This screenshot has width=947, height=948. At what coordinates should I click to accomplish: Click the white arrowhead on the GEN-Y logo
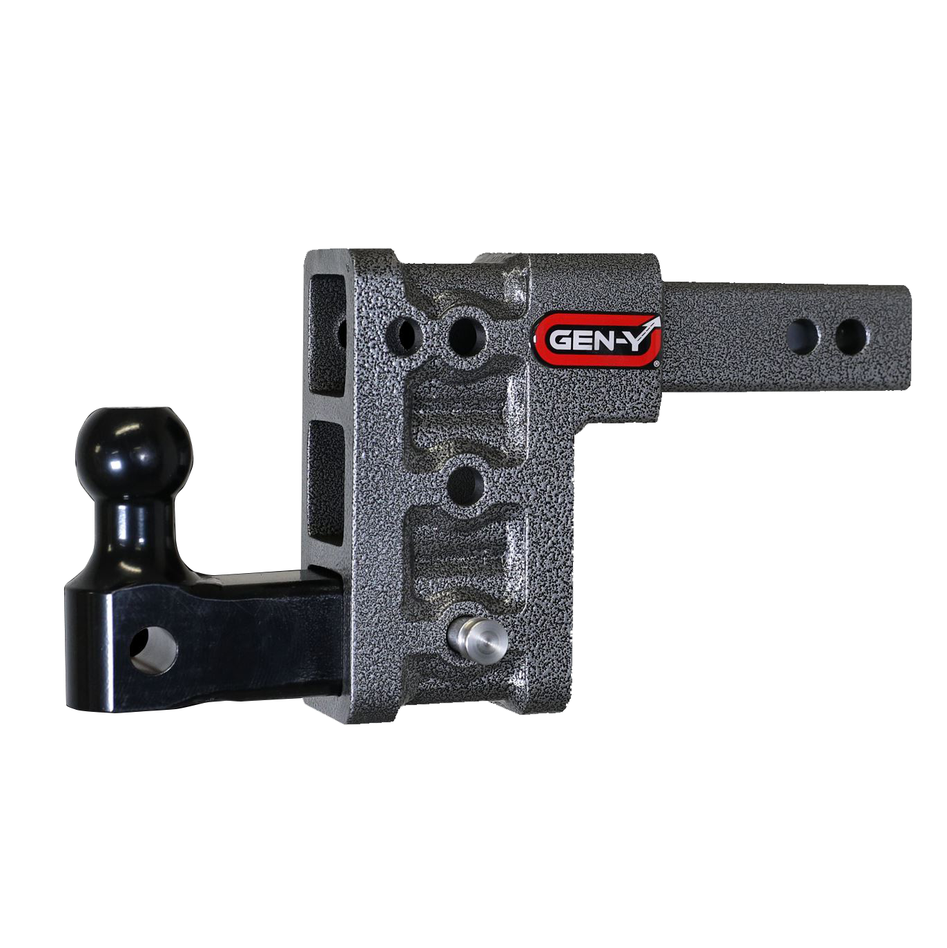point(654,322)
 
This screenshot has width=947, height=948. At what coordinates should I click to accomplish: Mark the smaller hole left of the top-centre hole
point(405,334)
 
